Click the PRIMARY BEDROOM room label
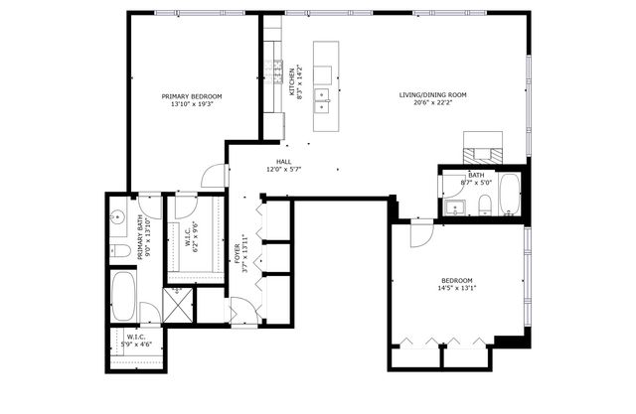(x=191, y=96)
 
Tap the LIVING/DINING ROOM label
(x=432, y=96)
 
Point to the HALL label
(x=283, y=162)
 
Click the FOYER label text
(x=238, y=249)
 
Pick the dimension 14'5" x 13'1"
(x=457, y=289)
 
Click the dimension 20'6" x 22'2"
(x=432, y=104)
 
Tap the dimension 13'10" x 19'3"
(x=191, y=104)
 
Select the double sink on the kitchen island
(x=323, y=97)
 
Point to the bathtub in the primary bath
(x=124, y=294)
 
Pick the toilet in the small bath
(x=484, y=205)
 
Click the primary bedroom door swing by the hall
(x=212, y=176)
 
